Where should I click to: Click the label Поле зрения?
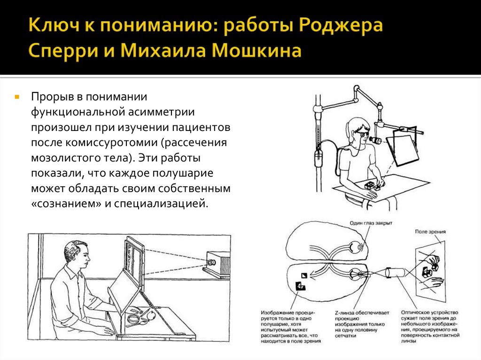[430, 232]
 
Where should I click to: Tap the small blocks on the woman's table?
[371, 185]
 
